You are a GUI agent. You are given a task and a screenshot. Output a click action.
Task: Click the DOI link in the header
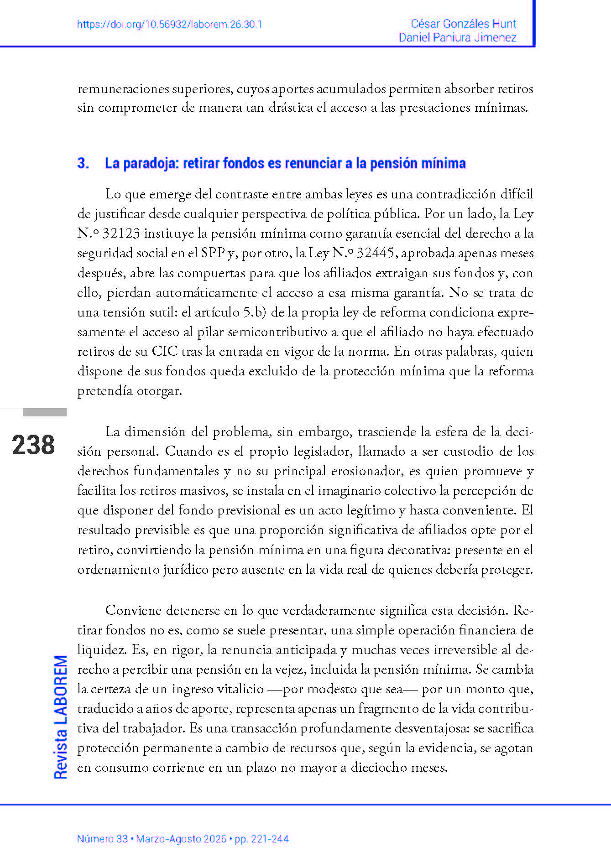[x=169, y=25]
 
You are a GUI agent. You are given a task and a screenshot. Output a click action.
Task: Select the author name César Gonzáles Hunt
[x=463, y=24]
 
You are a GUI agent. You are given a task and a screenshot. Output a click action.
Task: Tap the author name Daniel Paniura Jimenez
[x=457, y=37]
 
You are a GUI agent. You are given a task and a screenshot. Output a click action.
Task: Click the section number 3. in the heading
[x=83, y=163]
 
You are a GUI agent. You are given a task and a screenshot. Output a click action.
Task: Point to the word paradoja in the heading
[x=148, y=163]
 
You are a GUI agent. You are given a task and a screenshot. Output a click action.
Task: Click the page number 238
[x=33, y=445]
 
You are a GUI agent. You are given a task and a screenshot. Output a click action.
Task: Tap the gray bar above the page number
[x=45, y=412]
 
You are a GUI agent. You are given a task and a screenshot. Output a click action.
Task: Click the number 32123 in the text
[x=121, y=234]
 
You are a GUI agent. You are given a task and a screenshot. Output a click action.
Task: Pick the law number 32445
[x=376, y=253]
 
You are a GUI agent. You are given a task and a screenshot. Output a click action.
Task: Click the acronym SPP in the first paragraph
[x=213, y=253]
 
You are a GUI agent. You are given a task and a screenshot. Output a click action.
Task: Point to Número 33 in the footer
[x=102, y=839]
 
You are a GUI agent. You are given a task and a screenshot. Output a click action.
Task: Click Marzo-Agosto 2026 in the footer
[x=181, y=839]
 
